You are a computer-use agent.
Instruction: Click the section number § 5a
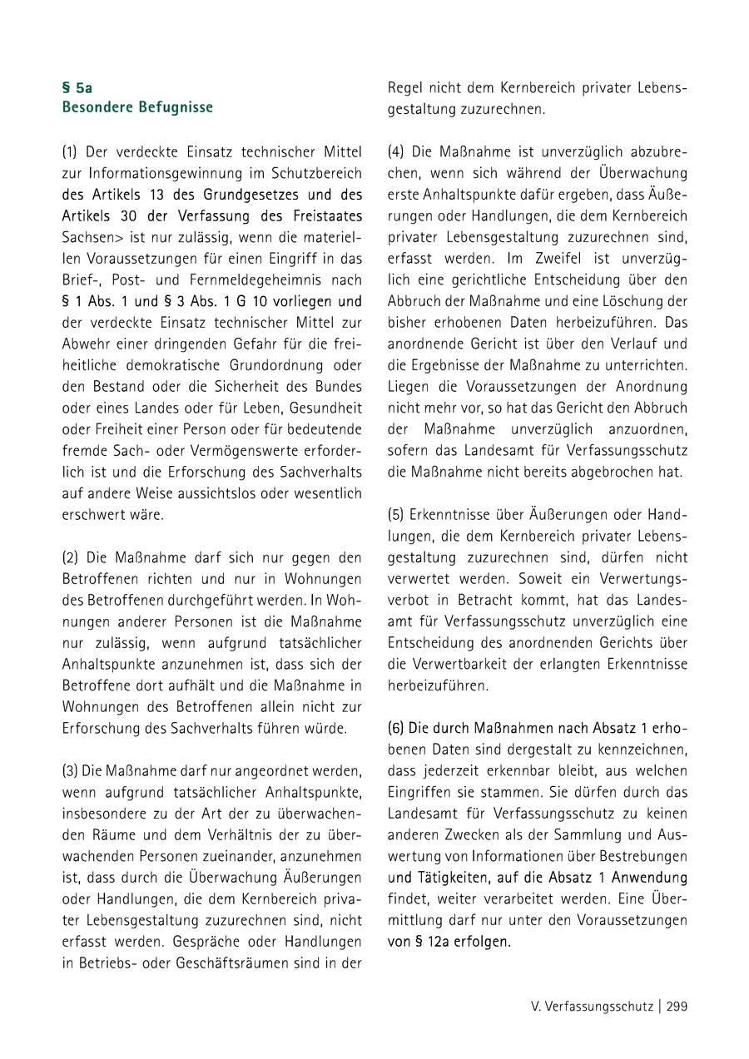pos(77,86)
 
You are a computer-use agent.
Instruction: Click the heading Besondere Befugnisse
pos(137,107)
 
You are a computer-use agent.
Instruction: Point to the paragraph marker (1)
pos(69,151)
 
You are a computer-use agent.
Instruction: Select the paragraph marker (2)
pos(69,557)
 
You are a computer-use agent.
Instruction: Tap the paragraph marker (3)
pos(69,770)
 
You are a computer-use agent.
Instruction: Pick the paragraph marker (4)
pos(395,151)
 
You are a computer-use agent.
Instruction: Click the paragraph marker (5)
pos(395,514)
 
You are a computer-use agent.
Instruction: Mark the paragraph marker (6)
pos(395,728)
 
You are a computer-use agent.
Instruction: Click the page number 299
pos(677,1007)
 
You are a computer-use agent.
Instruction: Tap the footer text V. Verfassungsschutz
pos(592,1007)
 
